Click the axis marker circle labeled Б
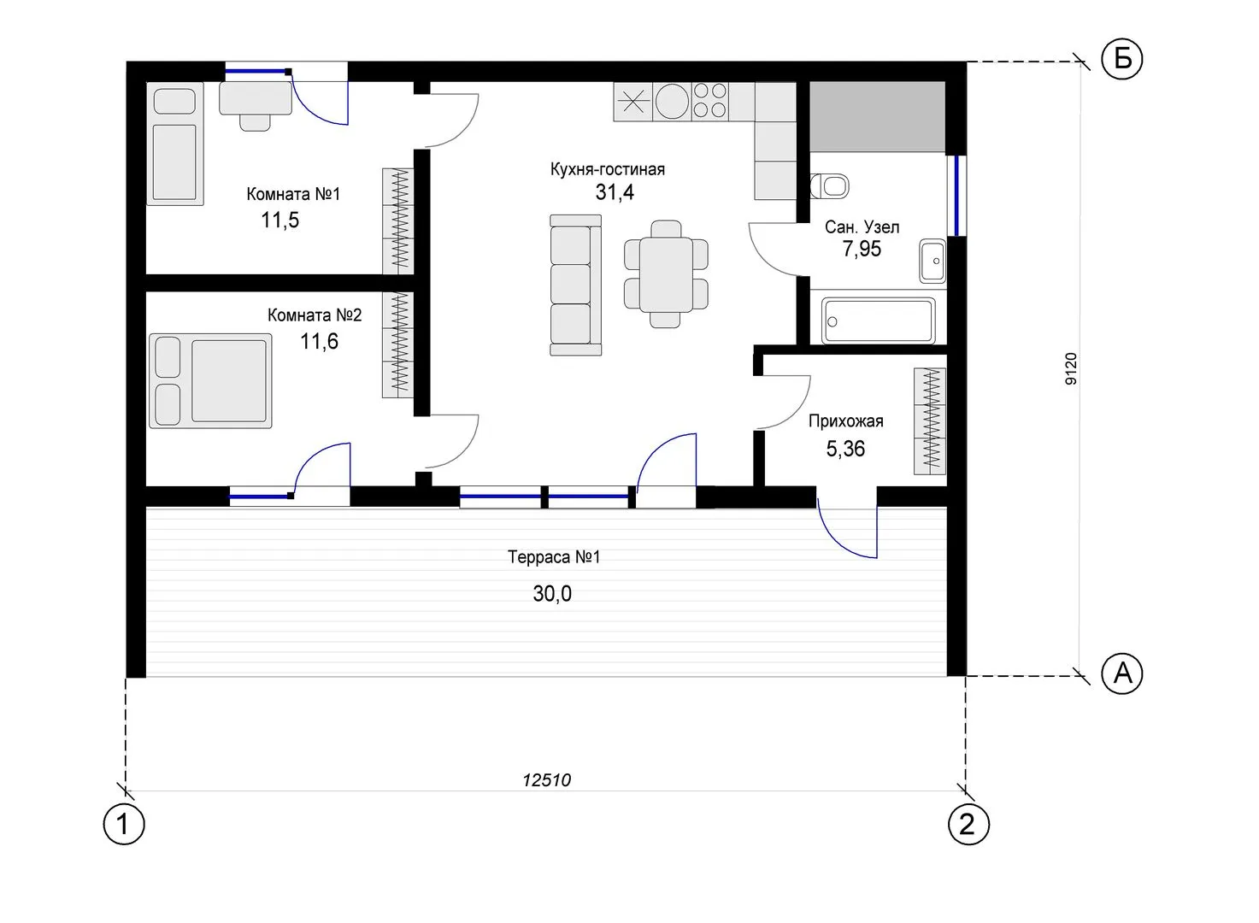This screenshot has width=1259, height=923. coord(1122,58)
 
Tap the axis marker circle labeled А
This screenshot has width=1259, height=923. coord(1122,673)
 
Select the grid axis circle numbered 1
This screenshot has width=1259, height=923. coord(124,825)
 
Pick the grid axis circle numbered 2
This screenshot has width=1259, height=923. coord(968,825)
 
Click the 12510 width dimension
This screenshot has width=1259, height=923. coord(546,780)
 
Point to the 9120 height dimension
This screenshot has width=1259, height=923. coord(1071,368)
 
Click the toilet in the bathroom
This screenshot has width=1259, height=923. coord(830,185)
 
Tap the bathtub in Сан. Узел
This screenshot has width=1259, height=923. coord(878,321)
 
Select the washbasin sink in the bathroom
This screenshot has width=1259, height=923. coord(932,261)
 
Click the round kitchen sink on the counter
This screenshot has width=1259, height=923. coord(672,103)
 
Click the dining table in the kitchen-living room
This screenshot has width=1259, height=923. coord(666,273)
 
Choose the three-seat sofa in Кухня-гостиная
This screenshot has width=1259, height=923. coord(575,285)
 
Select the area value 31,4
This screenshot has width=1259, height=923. coord(615,192)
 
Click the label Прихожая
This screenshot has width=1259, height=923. coord(845,421)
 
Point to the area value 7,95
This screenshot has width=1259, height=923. coord(862,249)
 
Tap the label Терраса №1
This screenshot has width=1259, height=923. coord(554,557)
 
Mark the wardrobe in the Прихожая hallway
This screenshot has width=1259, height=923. coord(930,421)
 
